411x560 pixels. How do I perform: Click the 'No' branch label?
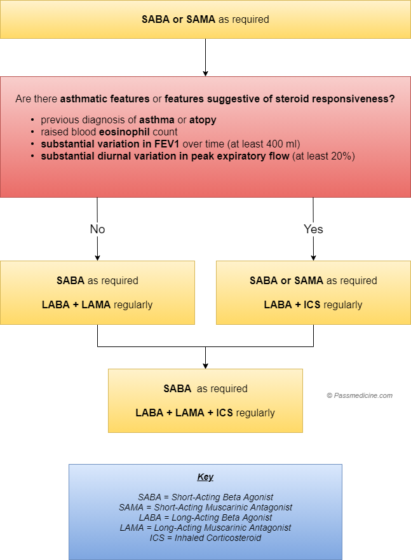[x=97, y=229]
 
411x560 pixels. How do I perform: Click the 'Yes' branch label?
[x=313, y=229]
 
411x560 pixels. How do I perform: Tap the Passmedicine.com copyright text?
[x=360, y=395]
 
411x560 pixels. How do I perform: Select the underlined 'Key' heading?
[x=205, y=477]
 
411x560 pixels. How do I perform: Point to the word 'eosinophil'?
[x=124, y=132]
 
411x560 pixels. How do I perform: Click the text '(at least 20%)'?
[x=323, y=156]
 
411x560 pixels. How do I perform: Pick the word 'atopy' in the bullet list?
[x=203, y=120]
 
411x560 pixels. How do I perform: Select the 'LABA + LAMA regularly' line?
[x=97, y=304]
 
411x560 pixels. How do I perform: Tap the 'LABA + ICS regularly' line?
[x=313, y=304]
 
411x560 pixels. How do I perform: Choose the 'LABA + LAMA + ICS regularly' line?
[x=205, y=413]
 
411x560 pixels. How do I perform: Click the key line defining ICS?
[x=205, y=538]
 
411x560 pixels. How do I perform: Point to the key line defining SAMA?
[x=205, y=507]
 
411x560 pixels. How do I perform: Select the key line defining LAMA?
[x=205, y=528]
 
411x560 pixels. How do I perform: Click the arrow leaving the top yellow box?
[x=206, y=57]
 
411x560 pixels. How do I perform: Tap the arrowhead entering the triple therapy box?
[x=206, y=366]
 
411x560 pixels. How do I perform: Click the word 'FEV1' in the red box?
[x=166, y=144]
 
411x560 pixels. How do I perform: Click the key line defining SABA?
[x=205, y=497]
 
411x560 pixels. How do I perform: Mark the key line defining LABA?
[x=205, y=517]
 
